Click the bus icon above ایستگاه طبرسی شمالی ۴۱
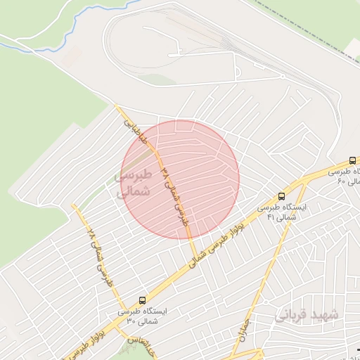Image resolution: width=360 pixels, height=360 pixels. pos(282,197)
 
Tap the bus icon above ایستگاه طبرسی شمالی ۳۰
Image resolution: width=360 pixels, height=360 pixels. pos(143,300)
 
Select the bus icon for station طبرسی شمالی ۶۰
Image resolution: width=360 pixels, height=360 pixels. pos(352,160)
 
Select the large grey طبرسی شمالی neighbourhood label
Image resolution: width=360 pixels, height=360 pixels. pos(134,182)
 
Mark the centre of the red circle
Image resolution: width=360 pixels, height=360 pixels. pos(181,179)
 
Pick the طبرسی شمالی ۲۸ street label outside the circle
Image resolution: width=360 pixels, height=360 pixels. pos(98,252)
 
